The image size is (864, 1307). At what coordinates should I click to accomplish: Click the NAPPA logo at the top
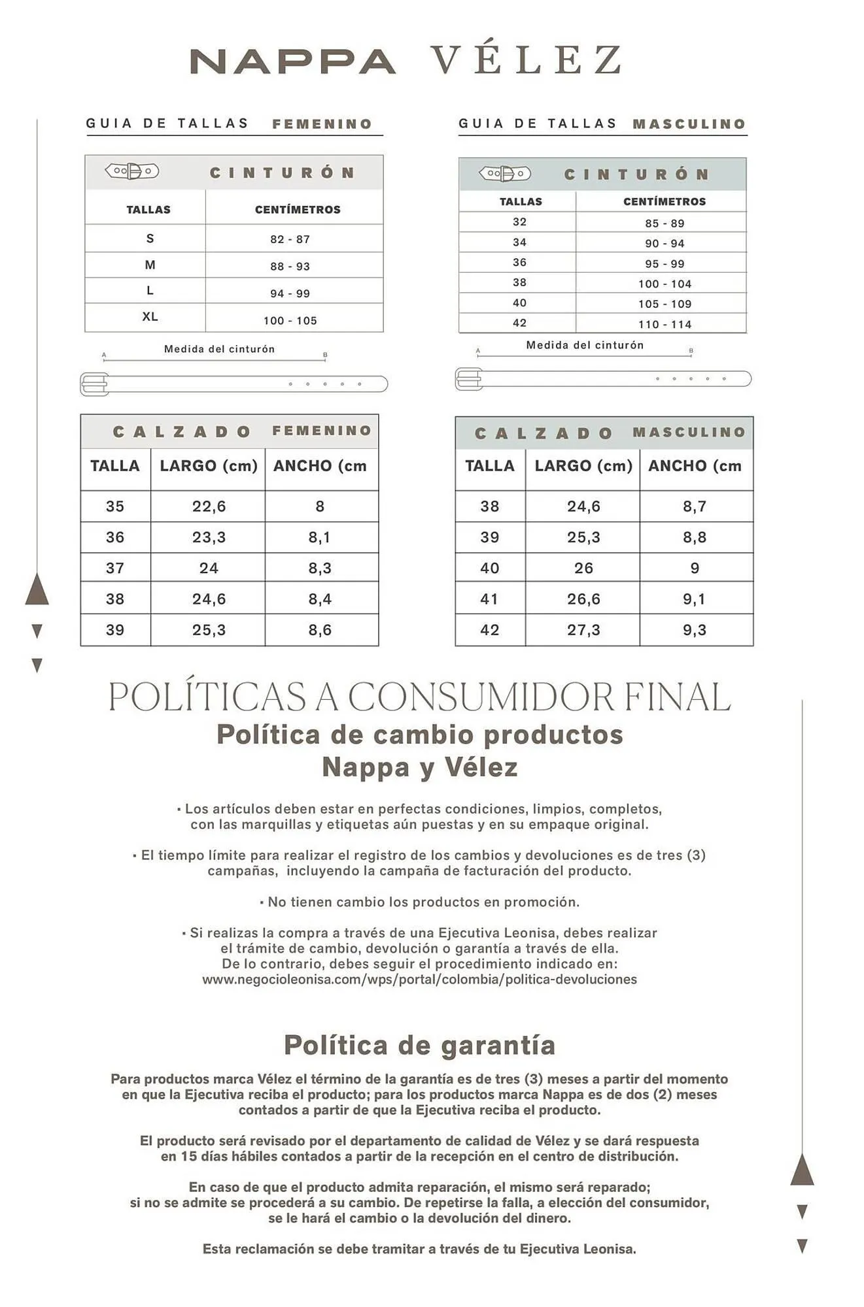pyautogui.click(x=292, y=61)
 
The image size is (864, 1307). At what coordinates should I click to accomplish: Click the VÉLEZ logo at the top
pyautogui.click(x=527, y=59)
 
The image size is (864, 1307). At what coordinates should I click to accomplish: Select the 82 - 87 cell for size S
pyautogui.click(x=290, y=239)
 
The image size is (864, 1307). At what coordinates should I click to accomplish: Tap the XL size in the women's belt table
pyautogui.click(x=150, y=317)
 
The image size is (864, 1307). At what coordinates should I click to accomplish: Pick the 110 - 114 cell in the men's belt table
pyautogui.click(x=665, y=324)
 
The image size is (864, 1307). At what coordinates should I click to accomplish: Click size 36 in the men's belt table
pyautogui.click(x=519, y=263)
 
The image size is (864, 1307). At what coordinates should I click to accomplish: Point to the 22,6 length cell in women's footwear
pyautogui.click(x=209, y=506)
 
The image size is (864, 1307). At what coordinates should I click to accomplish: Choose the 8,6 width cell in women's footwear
pyautogui.click(x=320, y=630)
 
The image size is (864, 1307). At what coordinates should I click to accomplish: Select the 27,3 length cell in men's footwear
pyautogui.click(x=583, y=630)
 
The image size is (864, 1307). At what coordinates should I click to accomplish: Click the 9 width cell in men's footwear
pyautogui.click(x=695, y=569)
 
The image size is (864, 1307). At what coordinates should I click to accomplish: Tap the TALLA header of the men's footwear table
pyautogui.click(x=489, y=466)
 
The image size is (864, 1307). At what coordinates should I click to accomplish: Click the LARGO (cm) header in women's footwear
pyautogui.click(x=209, y=466)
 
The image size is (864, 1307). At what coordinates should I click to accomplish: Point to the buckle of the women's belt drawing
pyautogui.click(x=95, y=384)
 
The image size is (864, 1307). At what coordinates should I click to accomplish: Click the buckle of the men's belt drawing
pyautogui.click(x=469, y=379)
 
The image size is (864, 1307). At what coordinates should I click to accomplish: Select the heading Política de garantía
pyautogui.click(x=419, y=1046)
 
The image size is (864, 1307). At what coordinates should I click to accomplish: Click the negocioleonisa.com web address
pyautogui.click(x=419, y=980)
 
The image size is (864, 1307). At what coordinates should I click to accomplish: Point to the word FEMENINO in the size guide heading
pyautogui.click(x=322, y=124)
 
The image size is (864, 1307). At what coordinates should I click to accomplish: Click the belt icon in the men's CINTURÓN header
pyautogui.click(x=505, y=174)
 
